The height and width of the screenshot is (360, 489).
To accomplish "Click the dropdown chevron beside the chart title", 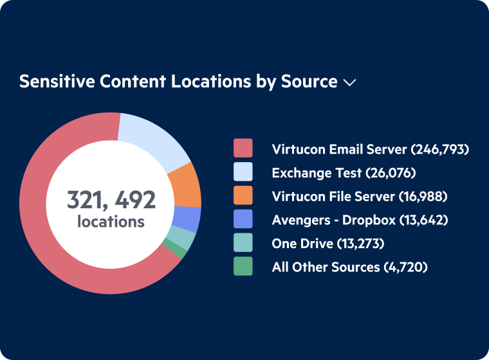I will point(350,83).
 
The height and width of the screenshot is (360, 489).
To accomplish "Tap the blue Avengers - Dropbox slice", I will point(187,219).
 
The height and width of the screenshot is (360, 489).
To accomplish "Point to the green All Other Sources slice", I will point(174,247).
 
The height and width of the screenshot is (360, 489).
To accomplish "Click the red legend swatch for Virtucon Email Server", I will point(243,149).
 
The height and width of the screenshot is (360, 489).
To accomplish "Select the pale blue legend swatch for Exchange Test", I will point(243,172).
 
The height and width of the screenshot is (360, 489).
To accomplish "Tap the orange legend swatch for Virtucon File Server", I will point(243,195).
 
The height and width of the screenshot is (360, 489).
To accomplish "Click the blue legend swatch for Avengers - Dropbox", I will point(243,219).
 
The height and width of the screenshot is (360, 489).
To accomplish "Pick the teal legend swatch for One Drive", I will point(243,242).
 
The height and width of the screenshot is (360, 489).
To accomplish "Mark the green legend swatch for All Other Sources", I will point(243,266).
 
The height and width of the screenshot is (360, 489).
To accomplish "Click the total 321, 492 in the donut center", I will point(111,200).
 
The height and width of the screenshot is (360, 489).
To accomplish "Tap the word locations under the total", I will point(111,222).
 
